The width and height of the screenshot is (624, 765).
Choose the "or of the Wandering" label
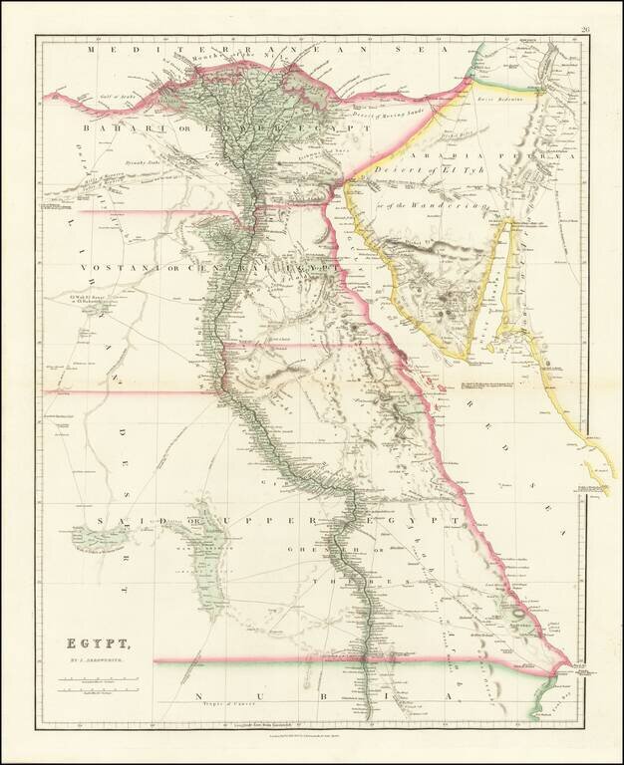coord(443,205)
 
